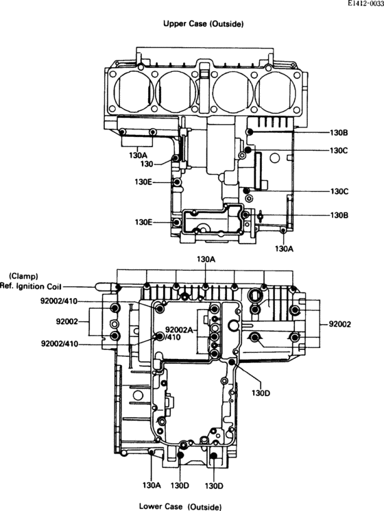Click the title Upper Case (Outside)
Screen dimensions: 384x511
coord(203,24)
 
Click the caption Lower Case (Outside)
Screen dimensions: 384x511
coord(180,506)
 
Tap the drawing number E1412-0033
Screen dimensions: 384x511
coord(365,4)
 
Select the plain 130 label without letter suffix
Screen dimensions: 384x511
coord(147,164)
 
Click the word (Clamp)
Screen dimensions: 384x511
coord(23,276)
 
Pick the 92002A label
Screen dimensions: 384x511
coord(180,329)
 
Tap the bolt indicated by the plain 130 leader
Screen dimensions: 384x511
coord(175,158)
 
